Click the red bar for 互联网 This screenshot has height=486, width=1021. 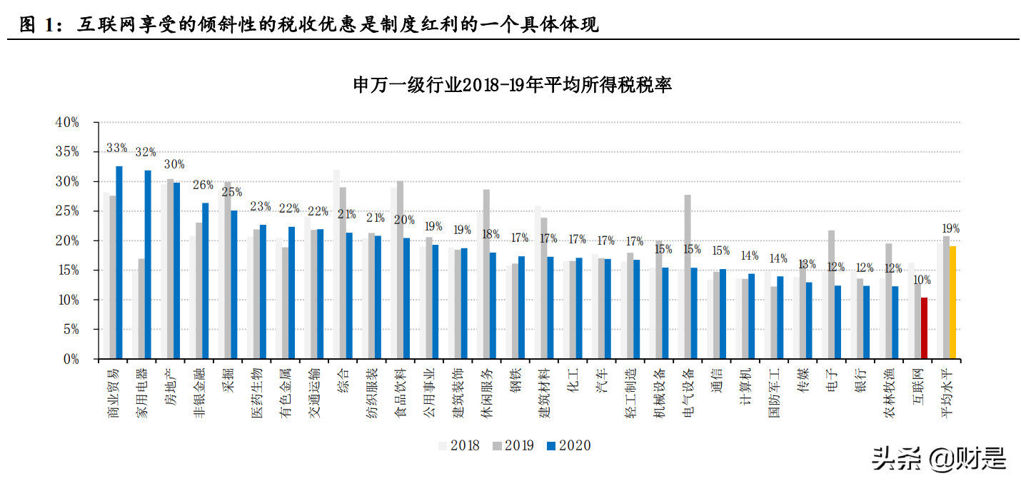pyautogui.click(x=924, y=328)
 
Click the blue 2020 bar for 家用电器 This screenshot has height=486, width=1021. pyautogui.click(x=148, y=265)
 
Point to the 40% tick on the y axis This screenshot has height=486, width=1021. pyautogui.click(x=67, y=123)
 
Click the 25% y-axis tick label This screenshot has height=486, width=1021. pyautogui.click(x=67, y=211)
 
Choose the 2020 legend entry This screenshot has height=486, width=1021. pyautogui.click(x=568, y=445)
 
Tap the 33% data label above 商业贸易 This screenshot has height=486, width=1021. pyautogui.click(x=116, y=148)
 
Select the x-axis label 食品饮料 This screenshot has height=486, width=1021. pyautogui.click(x=400, y=393)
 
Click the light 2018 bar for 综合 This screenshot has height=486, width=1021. pyautogui.click(x=336, y=265)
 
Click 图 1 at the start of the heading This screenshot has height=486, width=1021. pyautogui.click(x=36, y=26)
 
